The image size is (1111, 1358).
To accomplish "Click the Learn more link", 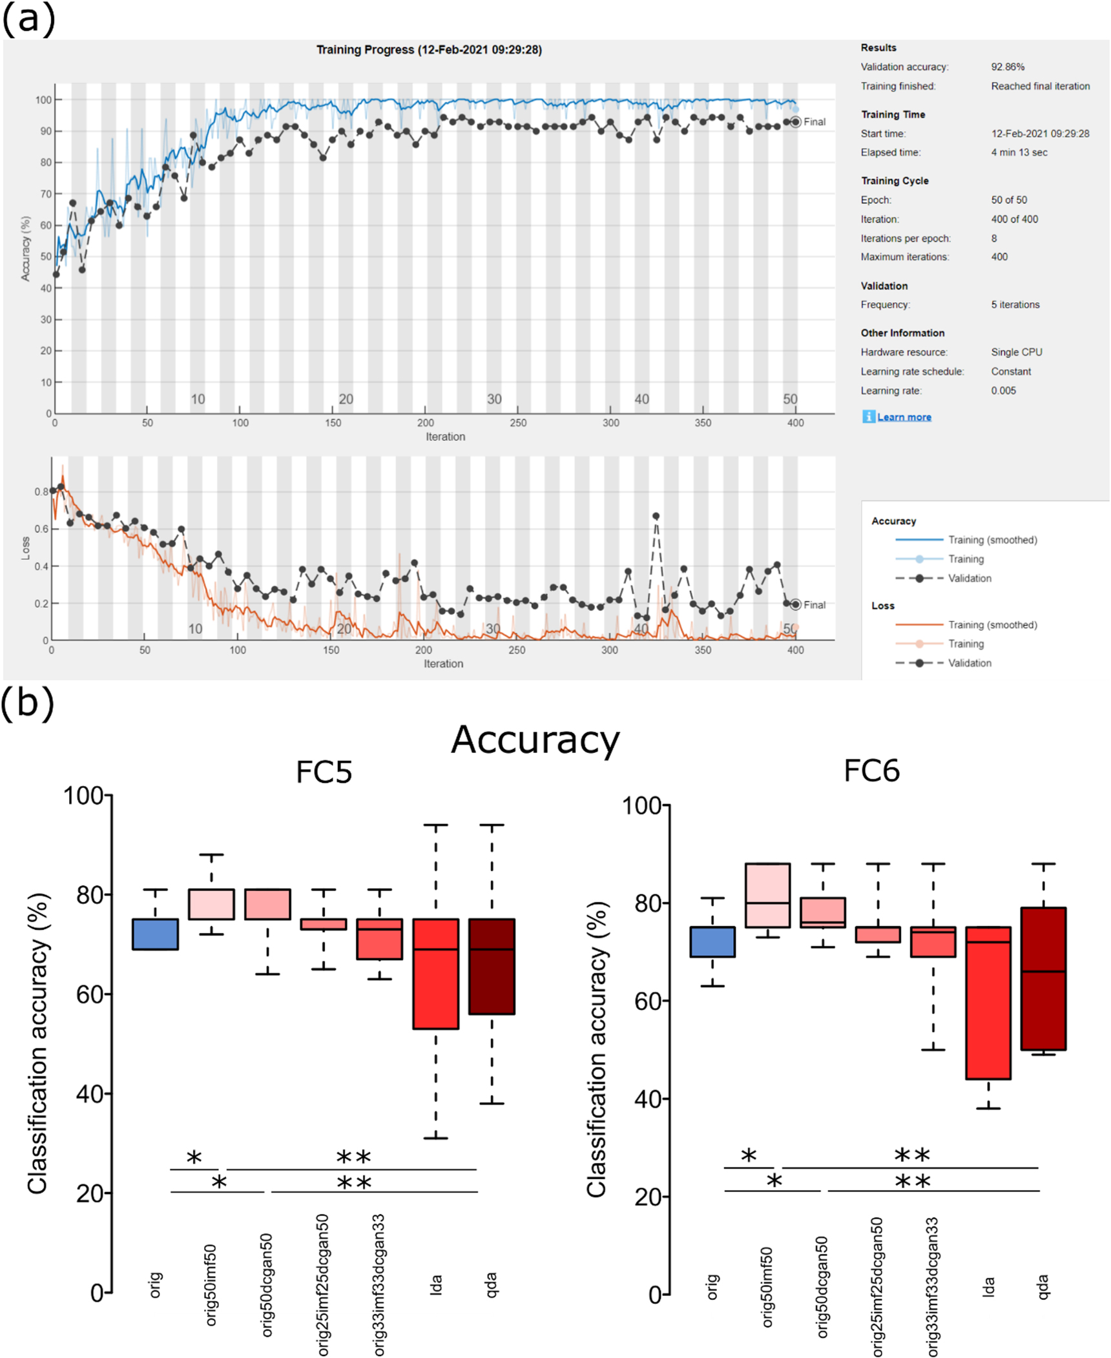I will tap(903, 417).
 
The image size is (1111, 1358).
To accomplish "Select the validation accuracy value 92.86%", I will tap(1007, 67).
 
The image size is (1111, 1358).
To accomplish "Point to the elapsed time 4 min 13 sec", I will tap(1019, 152).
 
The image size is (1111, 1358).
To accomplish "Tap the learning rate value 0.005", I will tap(1003, 390).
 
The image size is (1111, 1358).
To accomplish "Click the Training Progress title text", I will tap(429, 50).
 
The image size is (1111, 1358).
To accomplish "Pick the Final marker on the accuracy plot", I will tap(796, 121).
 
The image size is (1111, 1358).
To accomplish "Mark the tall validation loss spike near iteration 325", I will tap(656, 516).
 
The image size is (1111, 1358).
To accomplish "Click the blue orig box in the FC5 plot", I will tap(155, 934).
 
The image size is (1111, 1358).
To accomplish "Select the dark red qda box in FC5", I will tap(492, 966).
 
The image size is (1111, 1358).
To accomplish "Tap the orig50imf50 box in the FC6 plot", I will tap(767, 895).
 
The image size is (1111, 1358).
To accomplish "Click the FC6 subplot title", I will tap(871, 771).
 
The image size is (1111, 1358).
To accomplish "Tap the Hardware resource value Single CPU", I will tap(1016, 352).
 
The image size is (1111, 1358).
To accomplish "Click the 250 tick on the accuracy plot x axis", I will tap(517, 422).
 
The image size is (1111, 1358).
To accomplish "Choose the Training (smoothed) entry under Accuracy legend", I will tap(992, 540).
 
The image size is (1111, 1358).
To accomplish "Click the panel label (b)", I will tap(27, 703).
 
